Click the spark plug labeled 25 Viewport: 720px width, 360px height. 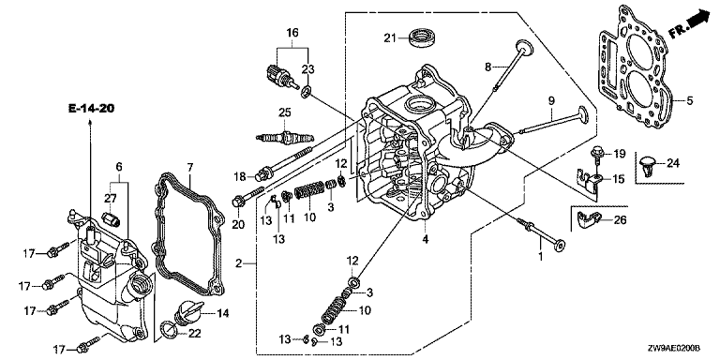point(285,136)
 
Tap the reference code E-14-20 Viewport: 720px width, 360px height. point(91,109)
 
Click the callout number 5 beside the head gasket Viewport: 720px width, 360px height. point(690,100)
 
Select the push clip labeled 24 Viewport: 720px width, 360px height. point(649,164)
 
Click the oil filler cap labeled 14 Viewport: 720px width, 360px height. point(187,313)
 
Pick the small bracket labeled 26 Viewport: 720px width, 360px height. point(588,221)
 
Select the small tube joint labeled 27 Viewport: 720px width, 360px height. point(112,218)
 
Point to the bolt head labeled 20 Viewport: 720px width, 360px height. point(238,202)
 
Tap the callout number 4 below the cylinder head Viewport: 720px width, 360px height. point(426,239)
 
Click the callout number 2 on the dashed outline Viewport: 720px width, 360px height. point(238,263)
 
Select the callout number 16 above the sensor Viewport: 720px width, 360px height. point(292,33)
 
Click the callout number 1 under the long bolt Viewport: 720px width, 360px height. point(540,256)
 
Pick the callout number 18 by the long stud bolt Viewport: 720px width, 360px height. point(241,177)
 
